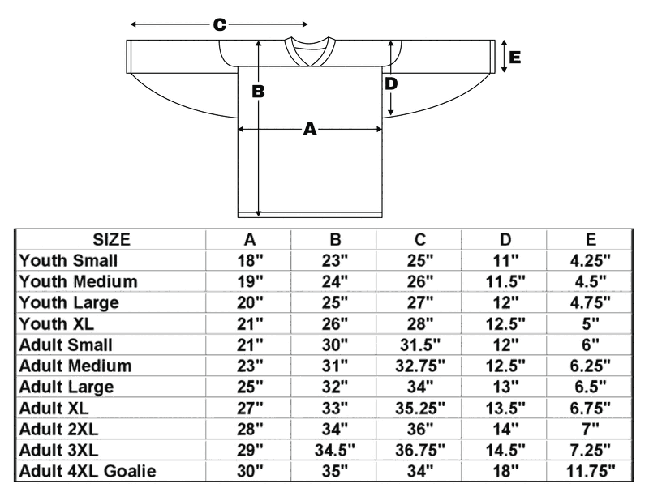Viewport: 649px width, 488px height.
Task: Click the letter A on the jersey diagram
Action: coord(309,128)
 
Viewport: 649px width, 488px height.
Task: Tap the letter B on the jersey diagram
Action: coord(259,92)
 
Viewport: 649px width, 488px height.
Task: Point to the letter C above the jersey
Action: coord(219,25)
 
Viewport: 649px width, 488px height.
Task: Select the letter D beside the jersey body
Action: coord(391,83)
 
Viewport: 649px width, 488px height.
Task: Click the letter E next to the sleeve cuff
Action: coord(514,58)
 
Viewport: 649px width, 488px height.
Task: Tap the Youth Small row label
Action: coord(69,260)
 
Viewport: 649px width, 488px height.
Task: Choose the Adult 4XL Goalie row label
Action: coord(88,471)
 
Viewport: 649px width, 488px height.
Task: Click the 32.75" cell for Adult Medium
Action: coord(420,366)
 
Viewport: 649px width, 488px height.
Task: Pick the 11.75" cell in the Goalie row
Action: coord(591,471)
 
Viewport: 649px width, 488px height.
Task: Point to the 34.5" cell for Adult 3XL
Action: coord(335,450)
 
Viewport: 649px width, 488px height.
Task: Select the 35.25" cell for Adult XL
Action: coord(420,408)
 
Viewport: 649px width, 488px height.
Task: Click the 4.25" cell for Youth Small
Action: coord(591,260)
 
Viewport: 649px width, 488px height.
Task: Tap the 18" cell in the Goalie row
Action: coord(505,471)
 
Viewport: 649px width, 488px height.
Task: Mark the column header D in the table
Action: coord(505,239)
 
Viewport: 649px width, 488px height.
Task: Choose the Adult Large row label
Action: coord(67,387)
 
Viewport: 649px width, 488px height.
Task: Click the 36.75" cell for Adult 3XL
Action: coord(420,450)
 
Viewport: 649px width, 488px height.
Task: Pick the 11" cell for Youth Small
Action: coord(505,260)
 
